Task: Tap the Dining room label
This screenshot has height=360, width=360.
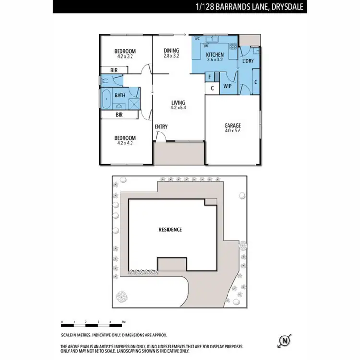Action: [x=171, y=51]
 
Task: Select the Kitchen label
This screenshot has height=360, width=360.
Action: [x=215, y=55]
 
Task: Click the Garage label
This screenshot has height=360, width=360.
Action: [x=232, y=126]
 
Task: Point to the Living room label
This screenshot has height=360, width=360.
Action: [x=178, y=103]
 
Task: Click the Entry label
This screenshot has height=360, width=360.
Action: [x=161, y=127]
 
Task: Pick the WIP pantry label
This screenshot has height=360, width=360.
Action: [x=228, y=86]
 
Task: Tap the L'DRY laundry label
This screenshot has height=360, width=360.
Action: [x=248, y=61]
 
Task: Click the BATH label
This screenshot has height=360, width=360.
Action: [x=120, y=95]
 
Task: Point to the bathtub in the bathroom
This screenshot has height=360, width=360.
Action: [x=107, y=99]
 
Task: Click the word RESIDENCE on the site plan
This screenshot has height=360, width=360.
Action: [x=170, y=229]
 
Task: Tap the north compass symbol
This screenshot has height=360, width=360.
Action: [x=285, y=339]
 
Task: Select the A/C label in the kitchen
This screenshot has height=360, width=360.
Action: [x=197, y=38]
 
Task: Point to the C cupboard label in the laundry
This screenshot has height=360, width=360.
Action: [x=255, y=82]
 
